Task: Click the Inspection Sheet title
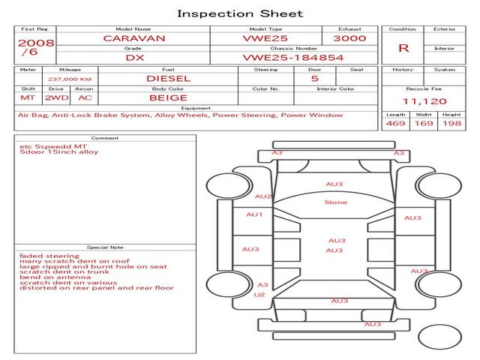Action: click(240, 13)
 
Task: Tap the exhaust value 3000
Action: click(349, 37)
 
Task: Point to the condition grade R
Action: click(403, 48)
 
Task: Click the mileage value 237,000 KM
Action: click(70, 78)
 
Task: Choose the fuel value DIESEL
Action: click(168, 78)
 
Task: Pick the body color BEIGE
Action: click(168, 97)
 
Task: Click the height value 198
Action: click(451, 123)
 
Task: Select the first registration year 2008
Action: click(36, 43)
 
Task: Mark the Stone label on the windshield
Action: click(335, 202)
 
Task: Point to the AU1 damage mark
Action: click(255, 214)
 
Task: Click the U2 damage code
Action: click(259, 295)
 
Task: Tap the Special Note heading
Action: click(105, 247)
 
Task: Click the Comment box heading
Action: click(105, 138)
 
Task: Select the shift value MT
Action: click(28, 97)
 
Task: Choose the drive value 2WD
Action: click(55, 97)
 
